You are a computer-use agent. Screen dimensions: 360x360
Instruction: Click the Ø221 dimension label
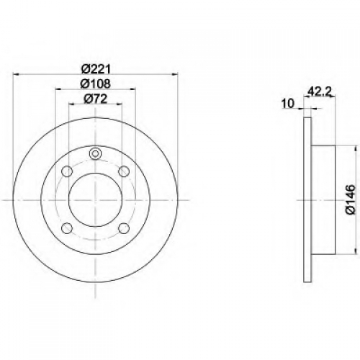(x=96, y=70)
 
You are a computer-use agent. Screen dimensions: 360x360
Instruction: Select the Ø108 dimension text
(x=96, y=84)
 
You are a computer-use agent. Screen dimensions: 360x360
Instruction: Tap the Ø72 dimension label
(x=96, y=99)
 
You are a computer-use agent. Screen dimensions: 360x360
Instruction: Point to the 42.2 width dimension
(x=320, y=91)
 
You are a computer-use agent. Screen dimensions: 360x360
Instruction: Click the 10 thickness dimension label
(x=288, y=104)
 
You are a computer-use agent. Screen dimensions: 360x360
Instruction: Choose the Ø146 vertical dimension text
(x=350, y=199)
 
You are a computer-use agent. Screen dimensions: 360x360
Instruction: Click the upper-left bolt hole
(x=67, y=171)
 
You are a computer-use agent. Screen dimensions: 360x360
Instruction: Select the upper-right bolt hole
(x=124, y=171)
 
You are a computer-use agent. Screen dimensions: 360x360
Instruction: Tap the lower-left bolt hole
(x=67, y=228)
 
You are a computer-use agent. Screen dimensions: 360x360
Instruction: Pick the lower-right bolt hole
(x=124, y=228)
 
